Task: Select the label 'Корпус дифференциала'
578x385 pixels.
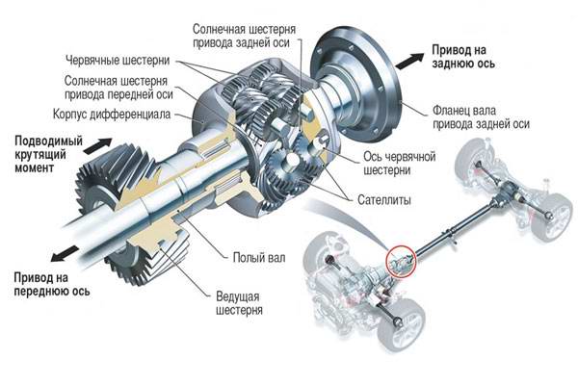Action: click(x=124, y=114)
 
